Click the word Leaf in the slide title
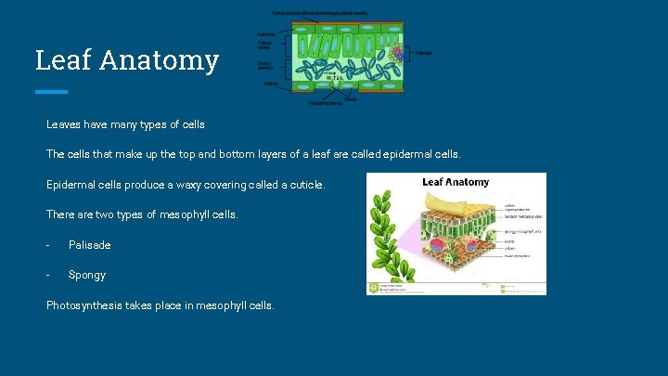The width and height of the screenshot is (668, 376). click(63, 60)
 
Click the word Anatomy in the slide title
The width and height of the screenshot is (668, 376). click(159, 60)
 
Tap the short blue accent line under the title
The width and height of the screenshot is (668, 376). click(51, 92)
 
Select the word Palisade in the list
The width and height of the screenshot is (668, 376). click(90, 245)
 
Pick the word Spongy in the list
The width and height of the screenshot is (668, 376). click(87, 275)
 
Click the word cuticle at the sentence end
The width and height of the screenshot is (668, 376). click(305, 185)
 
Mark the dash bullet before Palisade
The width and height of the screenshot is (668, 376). click(48, 245)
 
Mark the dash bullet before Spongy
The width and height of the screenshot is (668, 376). click(48, 275)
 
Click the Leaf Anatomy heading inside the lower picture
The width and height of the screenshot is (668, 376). click(456, 182)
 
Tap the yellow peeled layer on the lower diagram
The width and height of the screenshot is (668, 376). click(455, 201)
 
